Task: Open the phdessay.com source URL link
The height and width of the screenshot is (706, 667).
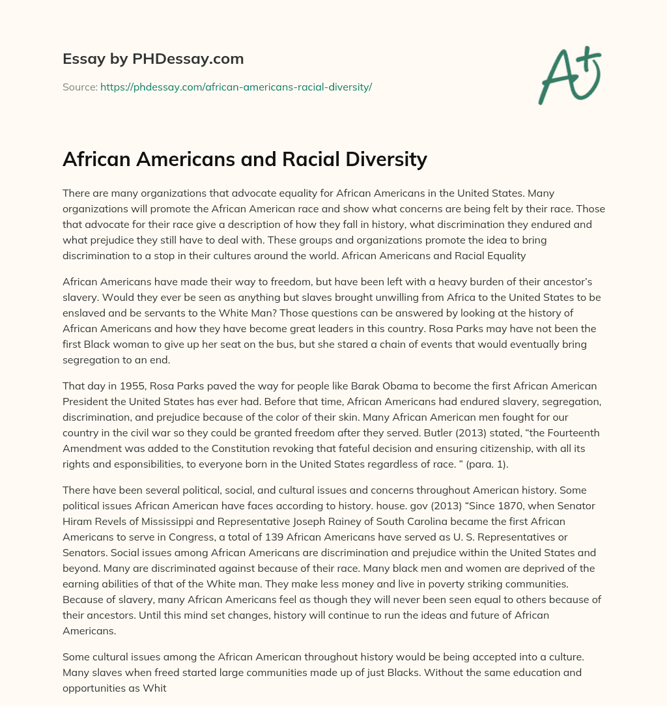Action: pyautogui.click(x=236, y=87)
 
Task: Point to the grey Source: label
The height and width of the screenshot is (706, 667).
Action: pyautogui.click(x=79, y=87)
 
